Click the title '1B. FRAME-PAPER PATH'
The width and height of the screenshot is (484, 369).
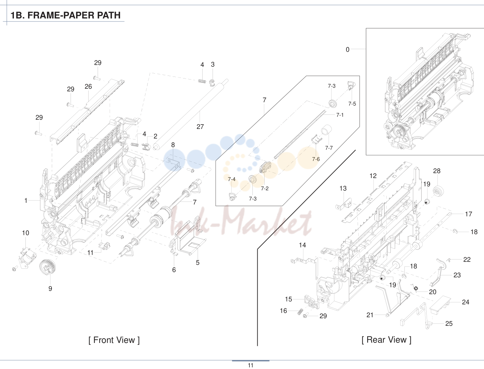65,15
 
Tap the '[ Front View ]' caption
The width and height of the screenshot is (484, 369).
114,340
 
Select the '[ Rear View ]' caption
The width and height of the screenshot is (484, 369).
387,340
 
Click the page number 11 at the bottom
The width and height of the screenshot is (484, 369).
250,365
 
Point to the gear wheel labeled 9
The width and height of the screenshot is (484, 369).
47,267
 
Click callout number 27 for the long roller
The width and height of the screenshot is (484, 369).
200,127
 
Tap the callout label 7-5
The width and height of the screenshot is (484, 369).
352,104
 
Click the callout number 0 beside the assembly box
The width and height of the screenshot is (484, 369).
347,49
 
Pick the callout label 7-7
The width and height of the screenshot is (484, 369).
329,148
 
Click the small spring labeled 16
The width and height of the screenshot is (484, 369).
299,312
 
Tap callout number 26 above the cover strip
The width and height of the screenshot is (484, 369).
88,86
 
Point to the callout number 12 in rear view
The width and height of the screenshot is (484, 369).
373,176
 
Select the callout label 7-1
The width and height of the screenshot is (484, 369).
340,115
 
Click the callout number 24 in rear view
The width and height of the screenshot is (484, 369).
466,302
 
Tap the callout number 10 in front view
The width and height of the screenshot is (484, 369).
26,233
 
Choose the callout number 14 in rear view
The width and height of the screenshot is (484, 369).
302,245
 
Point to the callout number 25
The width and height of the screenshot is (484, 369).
449,323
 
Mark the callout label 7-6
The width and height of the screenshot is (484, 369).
316,159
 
